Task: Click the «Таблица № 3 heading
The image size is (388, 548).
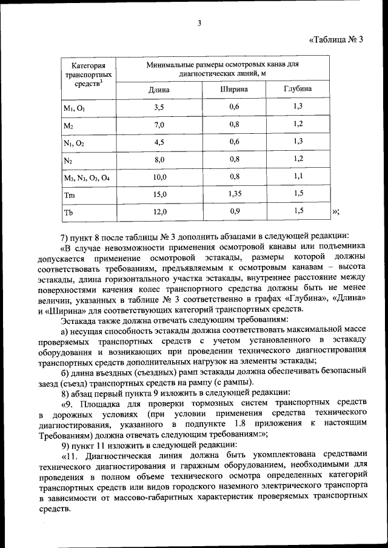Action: pos(336,41)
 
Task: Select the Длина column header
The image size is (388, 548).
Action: pos(159,90)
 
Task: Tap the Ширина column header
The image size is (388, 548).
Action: pos(234,89)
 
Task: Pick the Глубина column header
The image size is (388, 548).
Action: pos(298,89)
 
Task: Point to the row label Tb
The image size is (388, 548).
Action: pos(69,213)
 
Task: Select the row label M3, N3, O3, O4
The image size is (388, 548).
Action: pos(87,177)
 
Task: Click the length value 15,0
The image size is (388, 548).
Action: pos(159,195)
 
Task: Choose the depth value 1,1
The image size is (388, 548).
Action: pos(298,176)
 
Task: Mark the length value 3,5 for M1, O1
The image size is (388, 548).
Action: pos(159,107)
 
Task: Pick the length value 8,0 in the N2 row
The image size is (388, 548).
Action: pos(159,160)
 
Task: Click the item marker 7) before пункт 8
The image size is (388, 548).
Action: pos(65,237)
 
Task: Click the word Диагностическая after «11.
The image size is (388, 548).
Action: pos(120,454)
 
